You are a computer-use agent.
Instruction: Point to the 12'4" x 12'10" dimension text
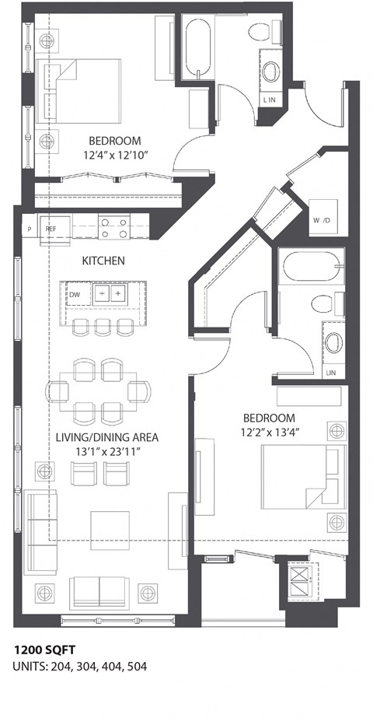click(114, 156)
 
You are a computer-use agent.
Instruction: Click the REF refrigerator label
click(51, 229)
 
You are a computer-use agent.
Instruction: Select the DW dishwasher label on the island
click(74, 295)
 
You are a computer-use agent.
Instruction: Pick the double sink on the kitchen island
click(108, 294)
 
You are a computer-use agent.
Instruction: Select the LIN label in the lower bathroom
click(331, 373)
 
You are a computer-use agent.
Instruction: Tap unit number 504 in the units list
click(134, 667)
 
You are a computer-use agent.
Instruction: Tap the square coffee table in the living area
click(110, 530)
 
